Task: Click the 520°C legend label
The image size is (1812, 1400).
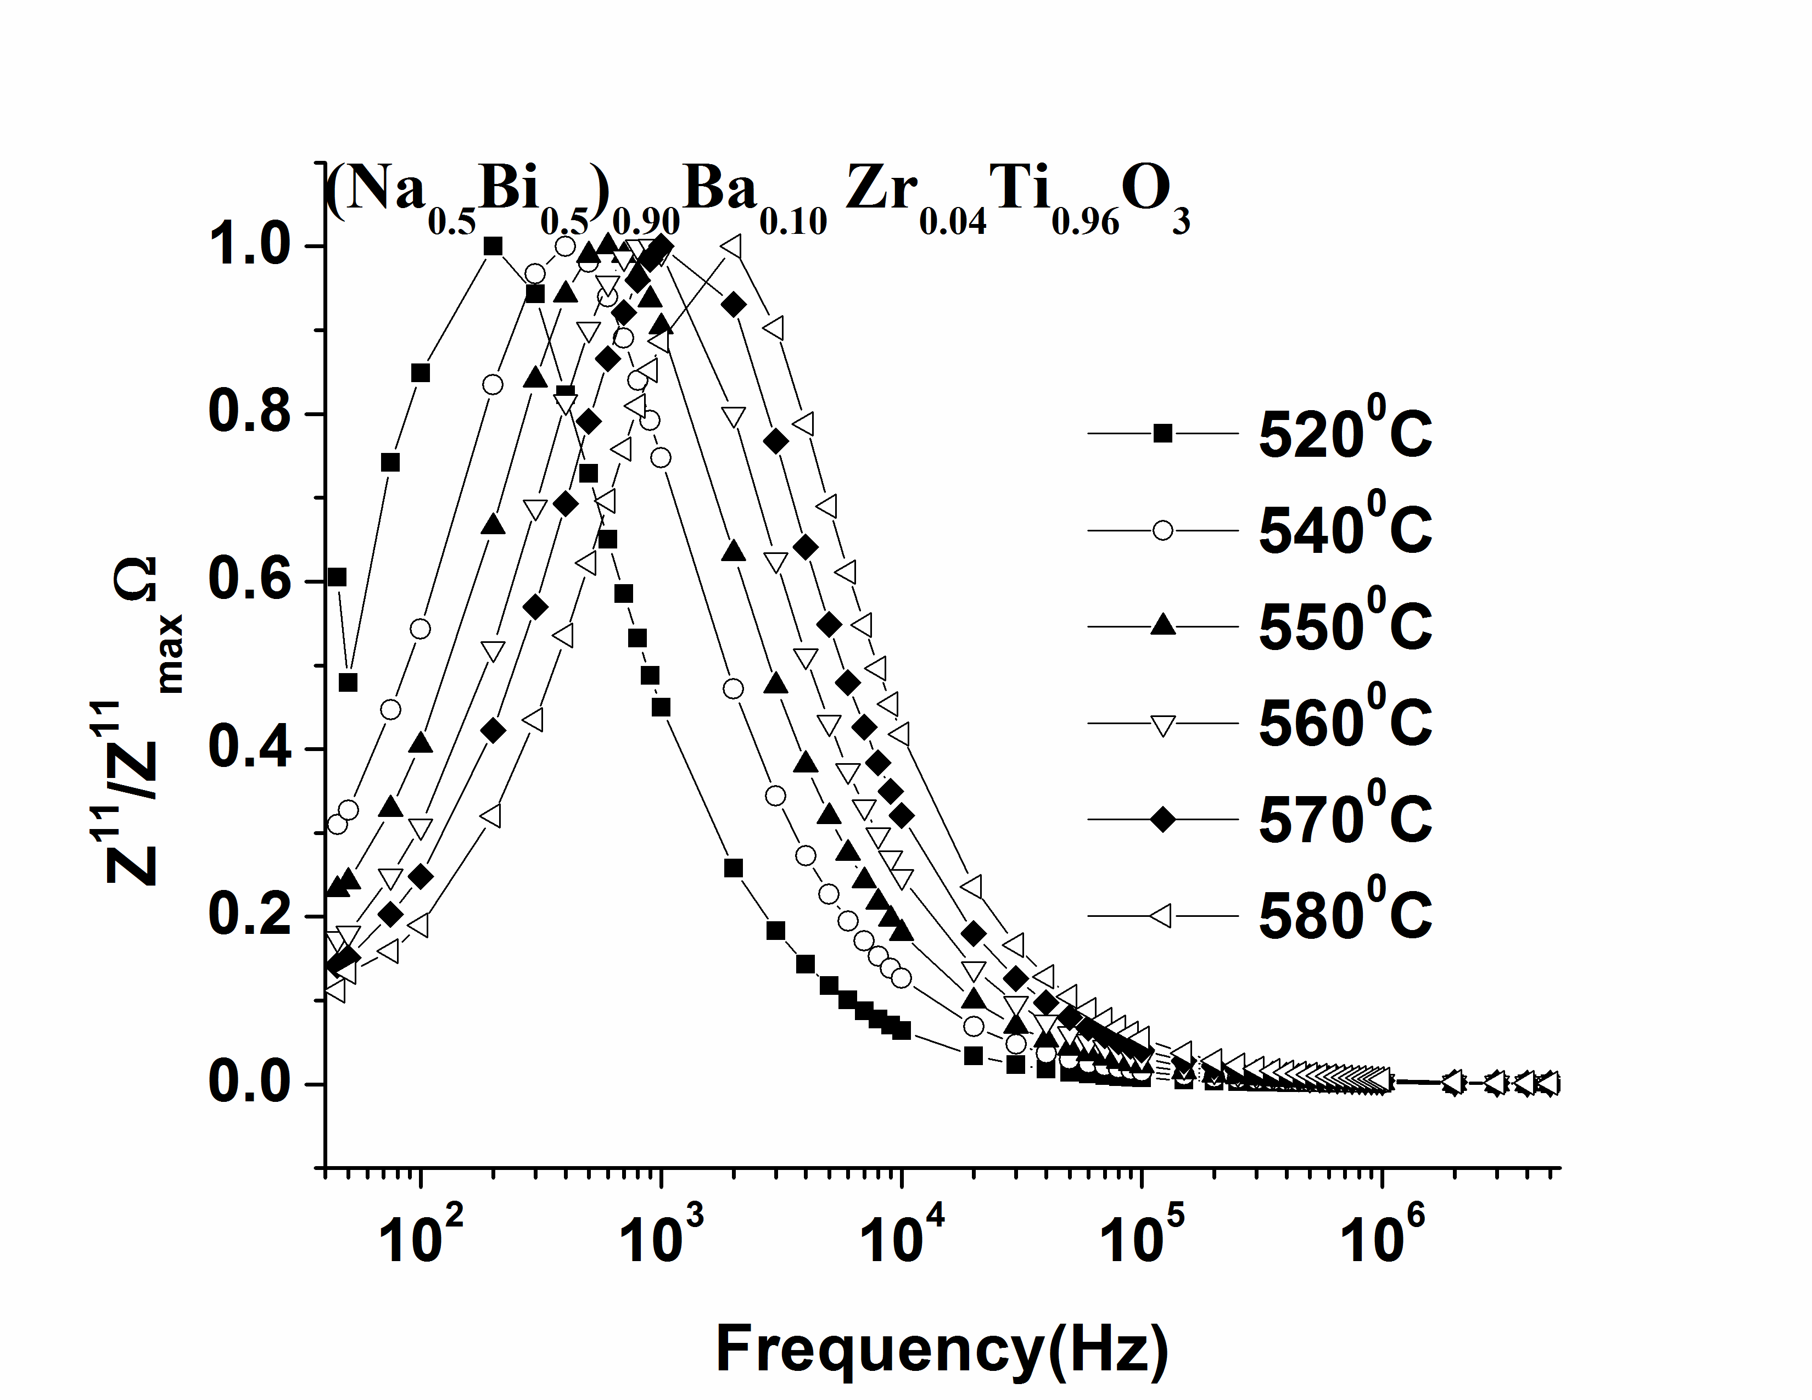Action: (x=1344, y=433)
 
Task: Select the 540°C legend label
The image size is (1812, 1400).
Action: (x=1344, y=529)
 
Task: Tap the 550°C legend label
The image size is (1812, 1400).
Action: (x=1344, y=625)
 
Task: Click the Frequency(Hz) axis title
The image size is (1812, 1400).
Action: (x=942, y=1350)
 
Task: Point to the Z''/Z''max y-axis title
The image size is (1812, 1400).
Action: (x=141, y=721)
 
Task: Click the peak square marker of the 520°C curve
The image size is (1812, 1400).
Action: (x=493, y=247)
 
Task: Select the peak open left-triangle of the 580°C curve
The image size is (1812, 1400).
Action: (x=734, y=247)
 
